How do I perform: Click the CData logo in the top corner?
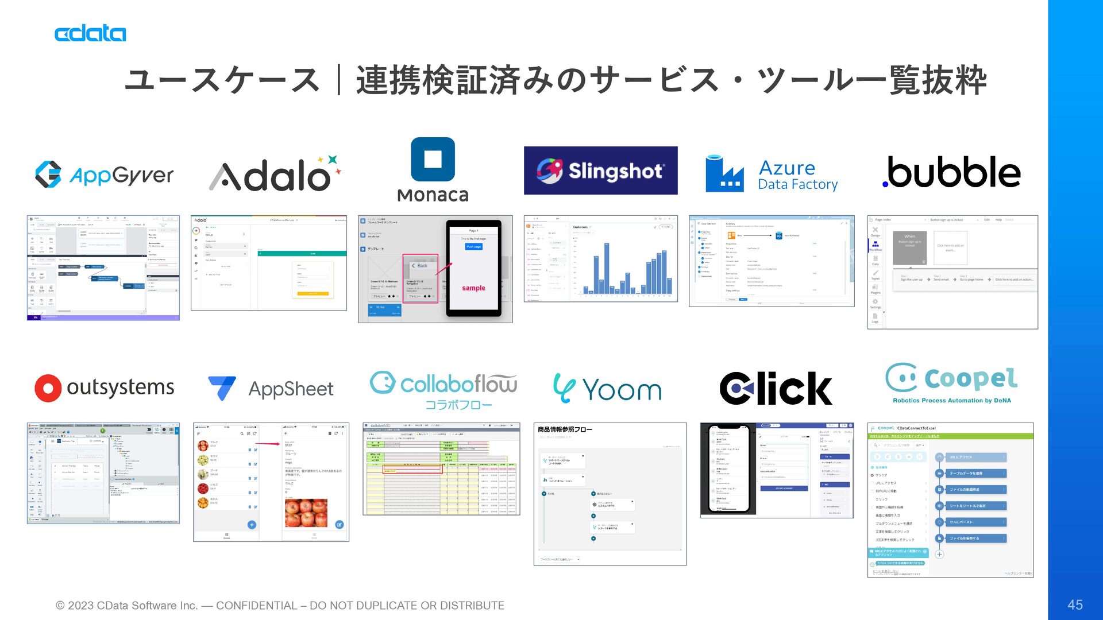[x=90, y=33]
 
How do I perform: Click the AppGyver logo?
[x=105, y=175]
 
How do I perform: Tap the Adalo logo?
[x=275, y=174]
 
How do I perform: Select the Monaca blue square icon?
[x=433, y=159]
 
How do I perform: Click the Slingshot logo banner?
[x=600, y=170]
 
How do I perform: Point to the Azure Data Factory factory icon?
[x=724, y=174]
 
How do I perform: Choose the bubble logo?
[x=951, y=172]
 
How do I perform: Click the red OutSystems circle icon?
[x=48, y=389]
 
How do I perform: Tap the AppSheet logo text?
[x=291, y=389]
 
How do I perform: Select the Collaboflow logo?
[x=443, y=389]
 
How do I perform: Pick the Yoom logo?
[x=607, y=389]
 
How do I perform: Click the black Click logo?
[x=776, y=389]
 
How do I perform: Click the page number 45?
[x=1075, y=604]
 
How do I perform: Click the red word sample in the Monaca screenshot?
[x=473, y=288]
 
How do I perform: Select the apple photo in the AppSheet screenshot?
[x=306, y=513]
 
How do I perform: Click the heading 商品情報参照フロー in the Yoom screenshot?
[x=565, y=429]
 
